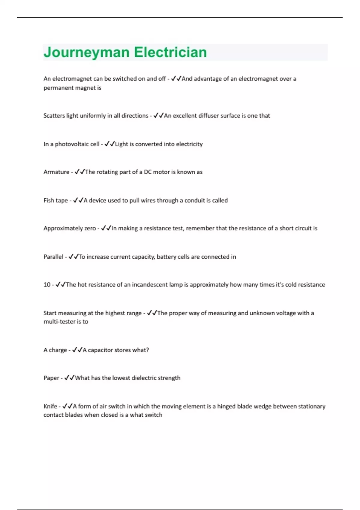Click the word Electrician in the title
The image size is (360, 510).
tap(170, 52)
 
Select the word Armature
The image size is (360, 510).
tap(56, 172)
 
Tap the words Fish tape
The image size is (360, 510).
tap(55, 200)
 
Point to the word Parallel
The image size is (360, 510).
tap(53, 257)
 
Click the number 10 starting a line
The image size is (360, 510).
tap(47, 285)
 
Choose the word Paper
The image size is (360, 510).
tap(51, 378)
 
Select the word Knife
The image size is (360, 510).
tap(50, 406)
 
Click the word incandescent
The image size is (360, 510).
tap(150, 285)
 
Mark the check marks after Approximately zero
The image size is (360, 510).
tap(106, 228)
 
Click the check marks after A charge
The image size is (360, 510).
tap(77, 350)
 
